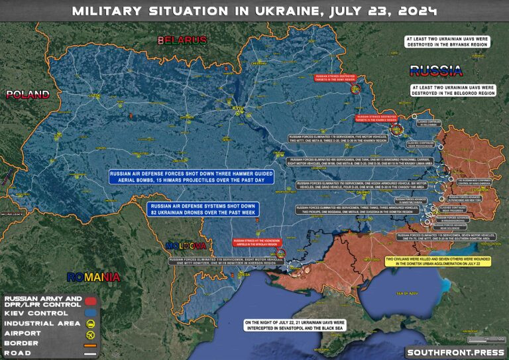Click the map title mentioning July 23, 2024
(x=254, y=11)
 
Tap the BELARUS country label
(x=182, y=40)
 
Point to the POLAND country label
(x=28, y=95)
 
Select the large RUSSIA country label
(x=435, y=71)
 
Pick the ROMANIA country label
(x=93, y=276)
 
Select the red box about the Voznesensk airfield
(x=257, y=243)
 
